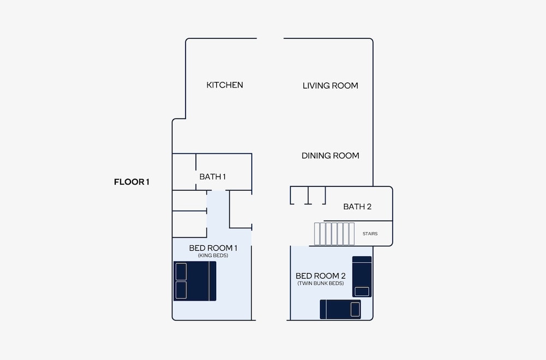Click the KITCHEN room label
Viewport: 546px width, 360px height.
point(224,85)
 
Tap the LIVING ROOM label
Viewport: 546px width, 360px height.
point(330,86)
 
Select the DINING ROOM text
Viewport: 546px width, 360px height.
point(330,156)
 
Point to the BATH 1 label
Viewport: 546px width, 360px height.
point(212,176)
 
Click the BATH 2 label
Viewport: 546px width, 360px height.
point(357,206)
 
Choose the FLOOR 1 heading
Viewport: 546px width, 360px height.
point(132,182)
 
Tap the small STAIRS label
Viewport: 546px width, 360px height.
point(370,234)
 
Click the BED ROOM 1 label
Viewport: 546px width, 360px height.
point(213,248)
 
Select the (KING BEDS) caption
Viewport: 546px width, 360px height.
point(213,256)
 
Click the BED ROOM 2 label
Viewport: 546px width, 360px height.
point(321,276)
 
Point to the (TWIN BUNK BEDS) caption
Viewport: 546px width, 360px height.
point(321,284)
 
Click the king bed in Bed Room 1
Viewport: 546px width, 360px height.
point(195,281)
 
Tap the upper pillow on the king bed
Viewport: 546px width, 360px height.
point(181,272)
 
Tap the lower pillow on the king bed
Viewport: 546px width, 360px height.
point(181,290)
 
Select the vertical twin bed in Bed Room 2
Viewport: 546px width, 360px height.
point(362,277)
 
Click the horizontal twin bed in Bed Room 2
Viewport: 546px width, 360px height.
point(340,309)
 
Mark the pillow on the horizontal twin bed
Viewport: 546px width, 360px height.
point(355,309)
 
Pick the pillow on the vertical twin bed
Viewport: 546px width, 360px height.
point(362,291)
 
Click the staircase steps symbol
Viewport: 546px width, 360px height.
point(334,234)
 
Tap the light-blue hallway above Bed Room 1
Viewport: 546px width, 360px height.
point(218,214)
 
